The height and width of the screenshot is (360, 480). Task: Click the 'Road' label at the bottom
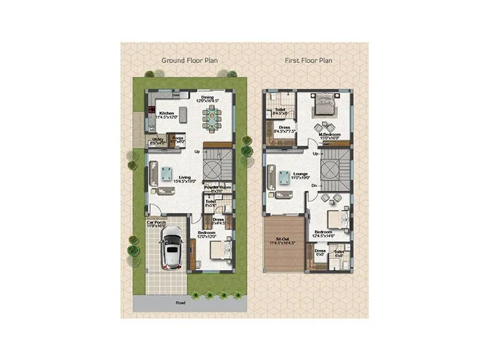coord(180,303)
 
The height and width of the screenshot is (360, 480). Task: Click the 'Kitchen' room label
coord(166,112)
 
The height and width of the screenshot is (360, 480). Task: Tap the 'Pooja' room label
coord(178,137)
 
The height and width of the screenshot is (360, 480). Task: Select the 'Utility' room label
coord(157,140)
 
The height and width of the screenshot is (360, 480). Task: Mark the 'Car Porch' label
coord(156,223)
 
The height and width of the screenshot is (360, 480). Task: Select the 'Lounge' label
coord(301,174)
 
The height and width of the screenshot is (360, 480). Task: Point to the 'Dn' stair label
coord(314,185)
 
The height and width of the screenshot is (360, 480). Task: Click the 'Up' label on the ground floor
coord(197,151)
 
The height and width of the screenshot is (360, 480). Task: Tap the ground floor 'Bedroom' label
coord(206,234)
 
